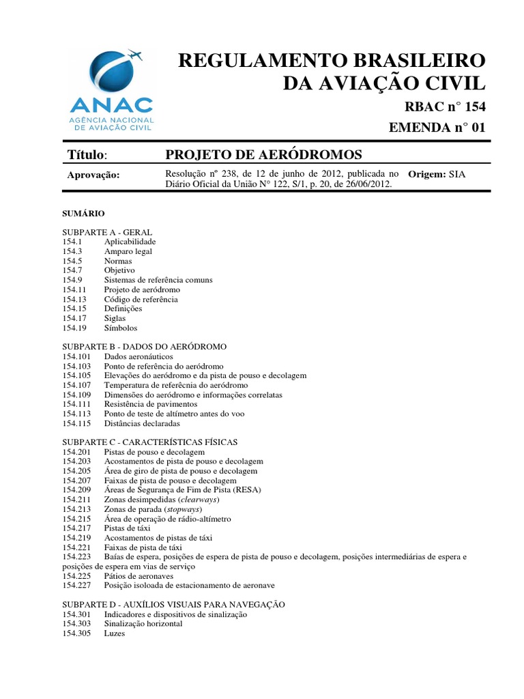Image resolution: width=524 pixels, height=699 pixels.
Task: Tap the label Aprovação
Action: (x=93, y=175)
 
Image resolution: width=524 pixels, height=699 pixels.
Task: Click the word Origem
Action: (x=427, y=174)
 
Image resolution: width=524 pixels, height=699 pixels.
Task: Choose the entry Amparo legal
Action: (x=128, y=251)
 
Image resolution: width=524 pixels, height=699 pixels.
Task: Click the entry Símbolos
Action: (x=121, y=328)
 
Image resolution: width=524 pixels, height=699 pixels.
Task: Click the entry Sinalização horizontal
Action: (x=143, y=624)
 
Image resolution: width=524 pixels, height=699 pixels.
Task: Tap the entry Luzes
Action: (x=115, y=633)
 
